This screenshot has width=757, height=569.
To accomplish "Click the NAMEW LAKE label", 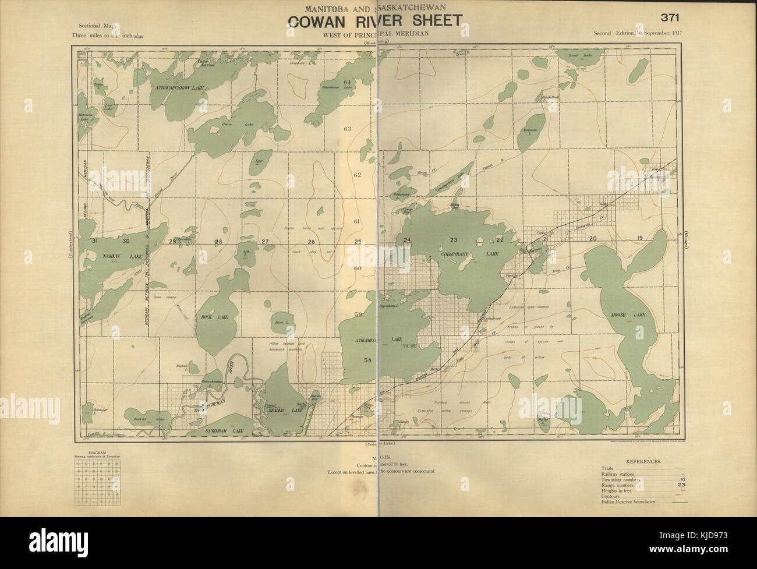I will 114,257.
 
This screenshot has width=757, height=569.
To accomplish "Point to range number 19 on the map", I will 639,238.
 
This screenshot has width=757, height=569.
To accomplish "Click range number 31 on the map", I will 94,241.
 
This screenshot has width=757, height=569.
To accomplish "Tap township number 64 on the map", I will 348,82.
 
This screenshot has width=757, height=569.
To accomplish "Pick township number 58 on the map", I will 367,361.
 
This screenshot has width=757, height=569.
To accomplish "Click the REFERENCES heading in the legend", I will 643,461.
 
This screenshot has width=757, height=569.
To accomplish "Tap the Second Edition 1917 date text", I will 637,33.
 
